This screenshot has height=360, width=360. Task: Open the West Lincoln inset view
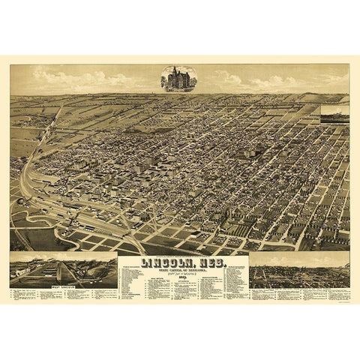click(64, 269)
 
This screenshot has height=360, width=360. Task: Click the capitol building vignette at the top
click(178, 78)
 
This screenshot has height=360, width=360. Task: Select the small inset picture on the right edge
click(334, 113)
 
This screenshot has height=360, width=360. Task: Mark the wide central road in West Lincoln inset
click(75, 274)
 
